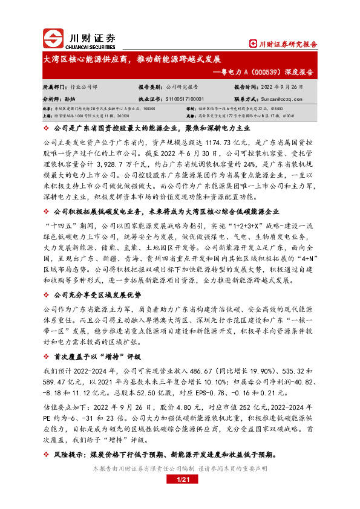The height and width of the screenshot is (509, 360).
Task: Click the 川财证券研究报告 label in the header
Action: [284, 44]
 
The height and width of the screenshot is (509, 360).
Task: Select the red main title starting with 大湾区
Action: [133, 60]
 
